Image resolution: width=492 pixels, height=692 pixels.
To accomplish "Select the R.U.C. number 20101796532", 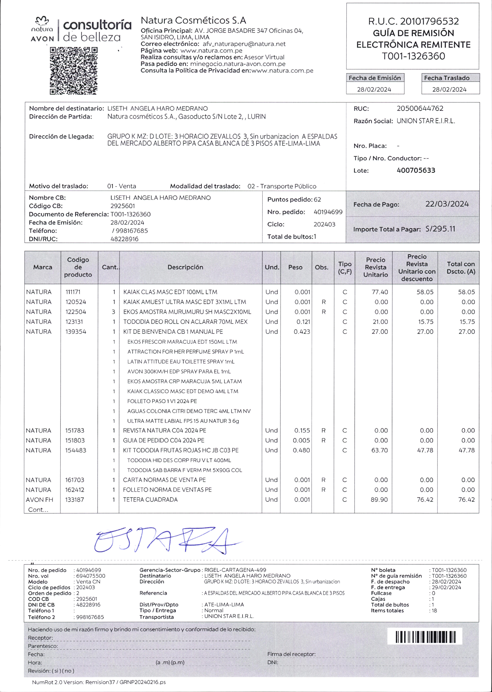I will (429, 21).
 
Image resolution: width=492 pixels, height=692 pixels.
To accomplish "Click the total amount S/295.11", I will (440, 229).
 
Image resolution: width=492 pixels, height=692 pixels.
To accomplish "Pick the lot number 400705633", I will (416, 170).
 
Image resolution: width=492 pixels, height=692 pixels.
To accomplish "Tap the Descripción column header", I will (185, 267).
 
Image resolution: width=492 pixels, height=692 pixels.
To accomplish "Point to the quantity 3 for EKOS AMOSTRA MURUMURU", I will (113, 312).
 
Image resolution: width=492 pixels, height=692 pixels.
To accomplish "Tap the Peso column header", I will (295, 267).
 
